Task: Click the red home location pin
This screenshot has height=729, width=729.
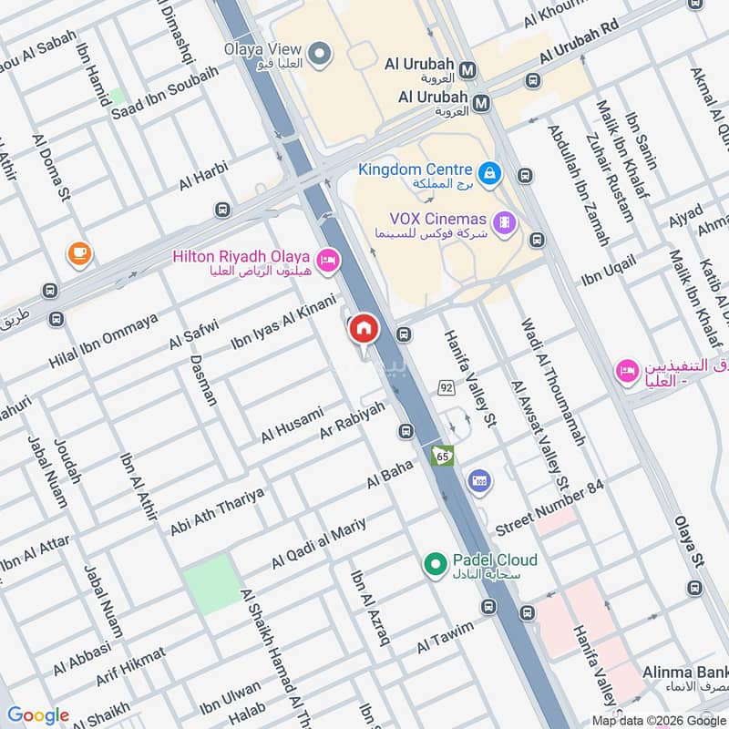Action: coord(363,329)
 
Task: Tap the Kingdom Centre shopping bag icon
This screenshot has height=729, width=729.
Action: coord(489,171)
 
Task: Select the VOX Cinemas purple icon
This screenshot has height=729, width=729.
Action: coord(503,221)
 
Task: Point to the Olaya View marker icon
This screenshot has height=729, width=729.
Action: coord(319,55)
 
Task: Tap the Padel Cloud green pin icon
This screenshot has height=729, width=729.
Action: coord(435,564)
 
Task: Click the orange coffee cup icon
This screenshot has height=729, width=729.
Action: coord(78,254)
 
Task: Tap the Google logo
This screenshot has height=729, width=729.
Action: coord(38,715)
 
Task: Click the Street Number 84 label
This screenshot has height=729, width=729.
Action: coord(549,510)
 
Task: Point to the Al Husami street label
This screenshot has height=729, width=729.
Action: coord(292,425)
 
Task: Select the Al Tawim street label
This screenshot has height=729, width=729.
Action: coord(446,636)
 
